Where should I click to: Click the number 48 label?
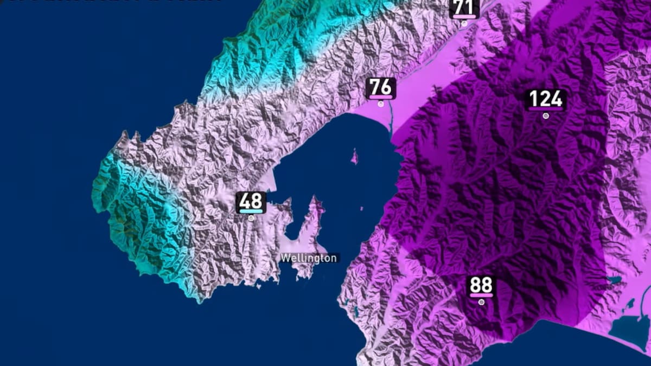coord(251,201)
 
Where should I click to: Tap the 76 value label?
coord(381,86)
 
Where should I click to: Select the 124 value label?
coord(546,99)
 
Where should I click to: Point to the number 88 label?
coord(481,285)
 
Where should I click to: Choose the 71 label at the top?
coord(464,7)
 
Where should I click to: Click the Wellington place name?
coord(309,258)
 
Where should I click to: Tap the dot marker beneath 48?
coord(251,218)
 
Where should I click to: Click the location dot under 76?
coord(381,103)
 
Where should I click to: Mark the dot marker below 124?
coord(546,115)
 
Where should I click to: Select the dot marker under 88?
coord(481,302)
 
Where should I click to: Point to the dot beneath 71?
coord(464,23)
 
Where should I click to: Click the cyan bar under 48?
coord(251,211)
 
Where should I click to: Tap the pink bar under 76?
coord(381,97)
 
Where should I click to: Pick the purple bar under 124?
coord(546,108)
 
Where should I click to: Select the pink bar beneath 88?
coord(481,296)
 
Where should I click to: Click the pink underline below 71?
coord(464,17)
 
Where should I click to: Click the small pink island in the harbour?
coord(354,158)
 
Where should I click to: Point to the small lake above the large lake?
coord(615,280)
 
